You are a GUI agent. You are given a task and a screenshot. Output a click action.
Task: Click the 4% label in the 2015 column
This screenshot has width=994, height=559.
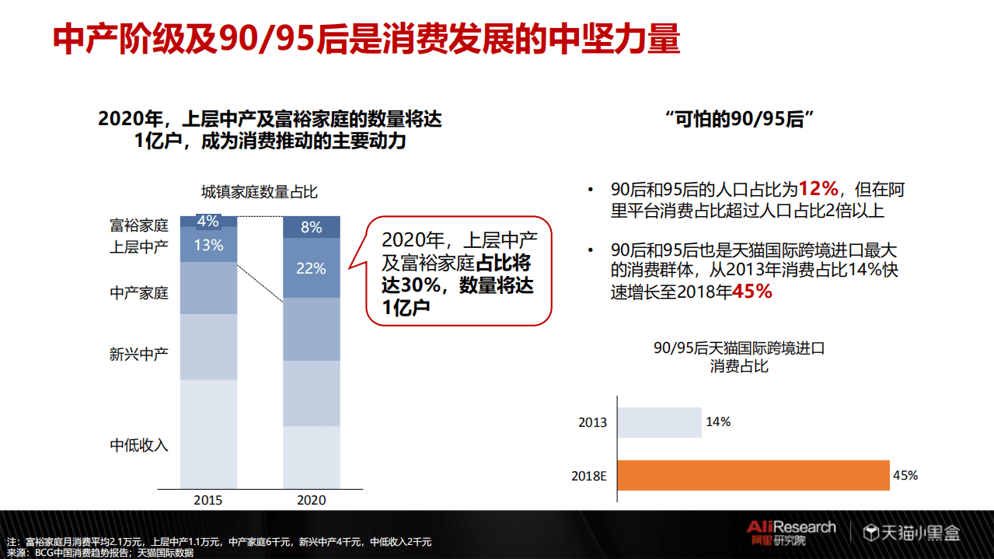click(208, 222)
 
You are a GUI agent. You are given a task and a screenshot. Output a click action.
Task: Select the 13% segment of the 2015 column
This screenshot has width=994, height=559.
click(208, 246)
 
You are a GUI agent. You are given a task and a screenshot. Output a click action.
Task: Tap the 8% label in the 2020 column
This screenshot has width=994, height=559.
click(311, 227)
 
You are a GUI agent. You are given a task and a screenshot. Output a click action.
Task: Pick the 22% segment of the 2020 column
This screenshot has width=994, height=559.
click(311, 268)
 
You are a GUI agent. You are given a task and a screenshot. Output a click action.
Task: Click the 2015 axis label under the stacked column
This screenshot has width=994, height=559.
click(208, 500)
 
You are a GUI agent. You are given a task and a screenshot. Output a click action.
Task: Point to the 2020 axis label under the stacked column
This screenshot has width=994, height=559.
click(311, 500)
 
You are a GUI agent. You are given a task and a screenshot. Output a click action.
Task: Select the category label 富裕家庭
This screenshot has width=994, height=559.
click(139, 226)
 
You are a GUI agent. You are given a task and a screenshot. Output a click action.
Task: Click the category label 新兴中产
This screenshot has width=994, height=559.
click(139, 355)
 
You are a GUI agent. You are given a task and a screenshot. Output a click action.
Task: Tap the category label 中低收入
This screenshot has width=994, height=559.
click(139, 445)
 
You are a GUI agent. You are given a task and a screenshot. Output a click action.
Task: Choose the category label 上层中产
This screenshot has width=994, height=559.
click(139, 247)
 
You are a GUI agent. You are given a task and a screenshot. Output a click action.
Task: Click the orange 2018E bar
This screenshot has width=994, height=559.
click(754, 476)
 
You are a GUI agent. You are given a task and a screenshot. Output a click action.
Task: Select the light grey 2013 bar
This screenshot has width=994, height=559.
click(660, 422)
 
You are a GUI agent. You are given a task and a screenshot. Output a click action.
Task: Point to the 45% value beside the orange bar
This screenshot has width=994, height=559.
click(905, 475)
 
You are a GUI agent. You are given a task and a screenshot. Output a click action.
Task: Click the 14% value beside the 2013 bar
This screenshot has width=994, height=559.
click(717, 421)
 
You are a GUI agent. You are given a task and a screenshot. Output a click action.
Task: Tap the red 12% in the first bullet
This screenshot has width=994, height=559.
click(818, 189)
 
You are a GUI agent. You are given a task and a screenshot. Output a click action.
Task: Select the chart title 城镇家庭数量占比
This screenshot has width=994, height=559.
click(260, 192)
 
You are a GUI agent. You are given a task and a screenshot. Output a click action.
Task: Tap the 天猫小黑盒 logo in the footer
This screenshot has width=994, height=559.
click(912, 533)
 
